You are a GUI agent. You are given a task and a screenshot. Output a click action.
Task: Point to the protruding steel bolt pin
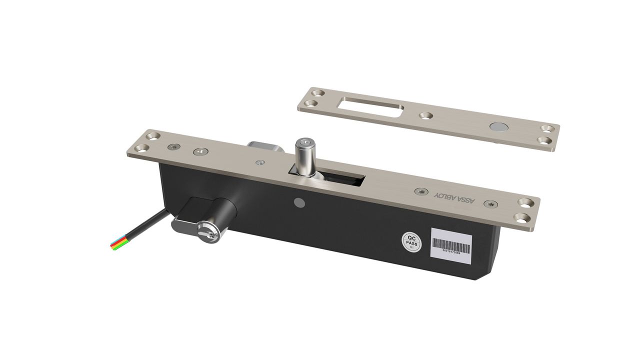(x=303, y=155)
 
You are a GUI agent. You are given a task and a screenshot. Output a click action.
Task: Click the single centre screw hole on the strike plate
(x=425, y=116)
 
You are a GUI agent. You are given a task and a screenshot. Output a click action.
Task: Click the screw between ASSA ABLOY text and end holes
(x=491, y=203)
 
